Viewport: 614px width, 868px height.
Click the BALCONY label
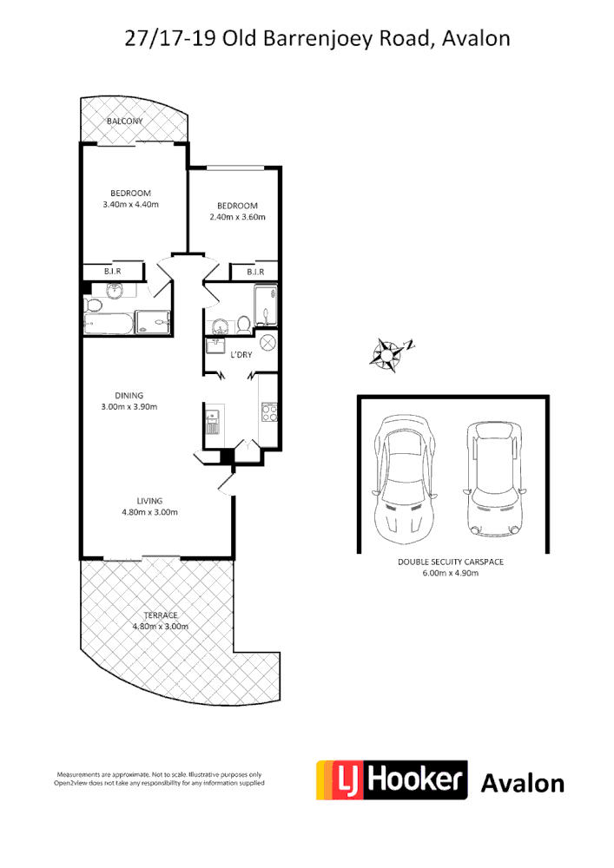124,122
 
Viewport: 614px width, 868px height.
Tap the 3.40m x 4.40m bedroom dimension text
130,205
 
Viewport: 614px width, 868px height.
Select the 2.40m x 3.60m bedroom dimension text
237,217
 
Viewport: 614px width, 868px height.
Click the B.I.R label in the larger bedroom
112,272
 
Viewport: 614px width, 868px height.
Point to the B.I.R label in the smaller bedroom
254,272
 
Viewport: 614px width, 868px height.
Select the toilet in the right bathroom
243,325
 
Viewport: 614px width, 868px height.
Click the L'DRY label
241,354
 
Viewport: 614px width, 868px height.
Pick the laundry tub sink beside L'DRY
215,346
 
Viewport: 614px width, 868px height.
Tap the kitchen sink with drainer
213,421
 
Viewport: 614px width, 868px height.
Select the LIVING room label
149,500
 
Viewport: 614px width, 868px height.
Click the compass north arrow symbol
388,352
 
